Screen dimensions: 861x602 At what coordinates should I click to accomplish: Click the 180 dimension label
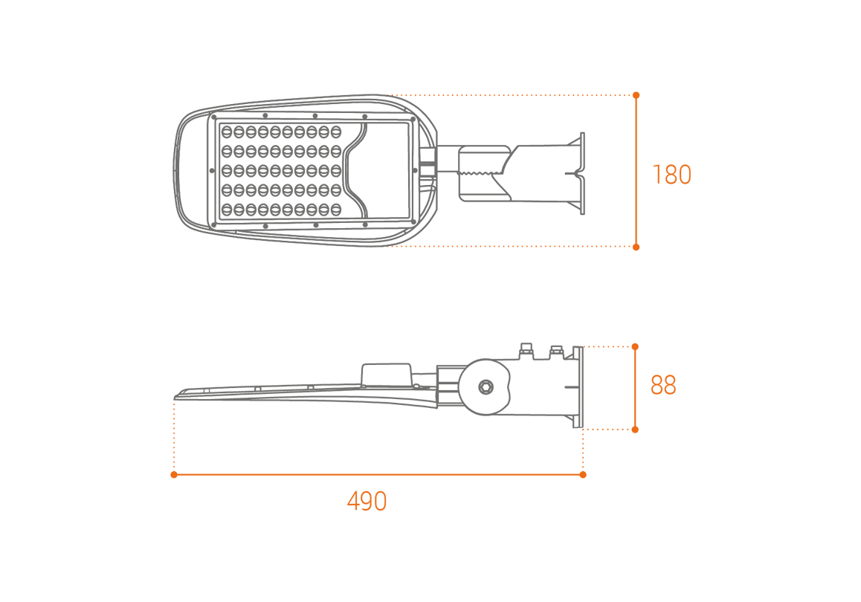click(671, 175)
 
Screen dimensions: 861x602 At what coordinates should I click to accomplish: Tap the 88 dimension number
click(662, 385)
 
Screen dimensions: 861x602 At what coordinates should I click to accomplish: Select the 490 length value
click(367, 501)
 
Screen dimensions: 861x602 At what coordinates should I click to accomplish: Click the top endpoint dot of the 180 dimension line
click(636, 95)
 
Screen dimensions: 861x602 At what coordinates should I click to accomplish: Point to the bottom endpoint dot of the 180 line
click(636, 247)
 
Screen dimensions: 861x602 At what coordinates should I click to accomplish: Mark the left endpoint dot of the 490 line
click(174, 475)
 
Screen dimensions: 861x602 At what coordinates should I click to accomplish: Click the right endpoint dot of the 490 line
click(583, 475)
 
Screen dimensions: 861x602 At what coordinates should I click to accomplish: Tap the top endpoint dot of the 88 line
click(635, 347)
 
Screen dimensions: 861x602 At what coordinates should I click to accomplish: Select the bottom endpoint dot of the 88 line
click(635, 430)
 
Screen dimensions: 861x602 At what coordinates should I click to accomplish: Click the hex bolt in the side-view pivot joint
click(486, 387)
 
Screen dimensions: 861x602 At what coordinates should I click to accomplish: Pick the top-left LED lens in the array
click(227, 132)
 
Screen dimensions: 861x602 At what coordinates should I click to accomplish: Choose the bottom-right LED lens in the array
click(335, 209)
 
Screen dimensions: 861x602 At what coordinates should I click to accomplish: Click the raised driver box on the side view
click(387, 374)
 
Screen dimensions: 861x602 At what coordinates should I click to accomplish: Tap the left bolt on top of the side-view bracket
click(526, 350)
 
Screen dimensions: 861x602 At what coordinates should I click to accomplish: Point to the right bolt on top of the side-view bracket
click(556, 352)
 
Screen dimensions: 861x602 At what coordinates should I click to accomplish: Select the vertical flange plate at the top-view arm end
click(582, 173)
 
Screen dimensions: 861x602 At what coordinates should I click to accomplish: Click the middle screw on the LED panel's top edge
click(315, 116)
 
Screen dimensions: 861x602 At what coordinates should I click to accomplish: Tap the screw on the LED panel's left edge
click(213, 171)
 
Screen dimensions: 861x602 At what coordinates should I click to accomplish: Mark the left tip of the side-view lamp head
click(175, 396)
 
